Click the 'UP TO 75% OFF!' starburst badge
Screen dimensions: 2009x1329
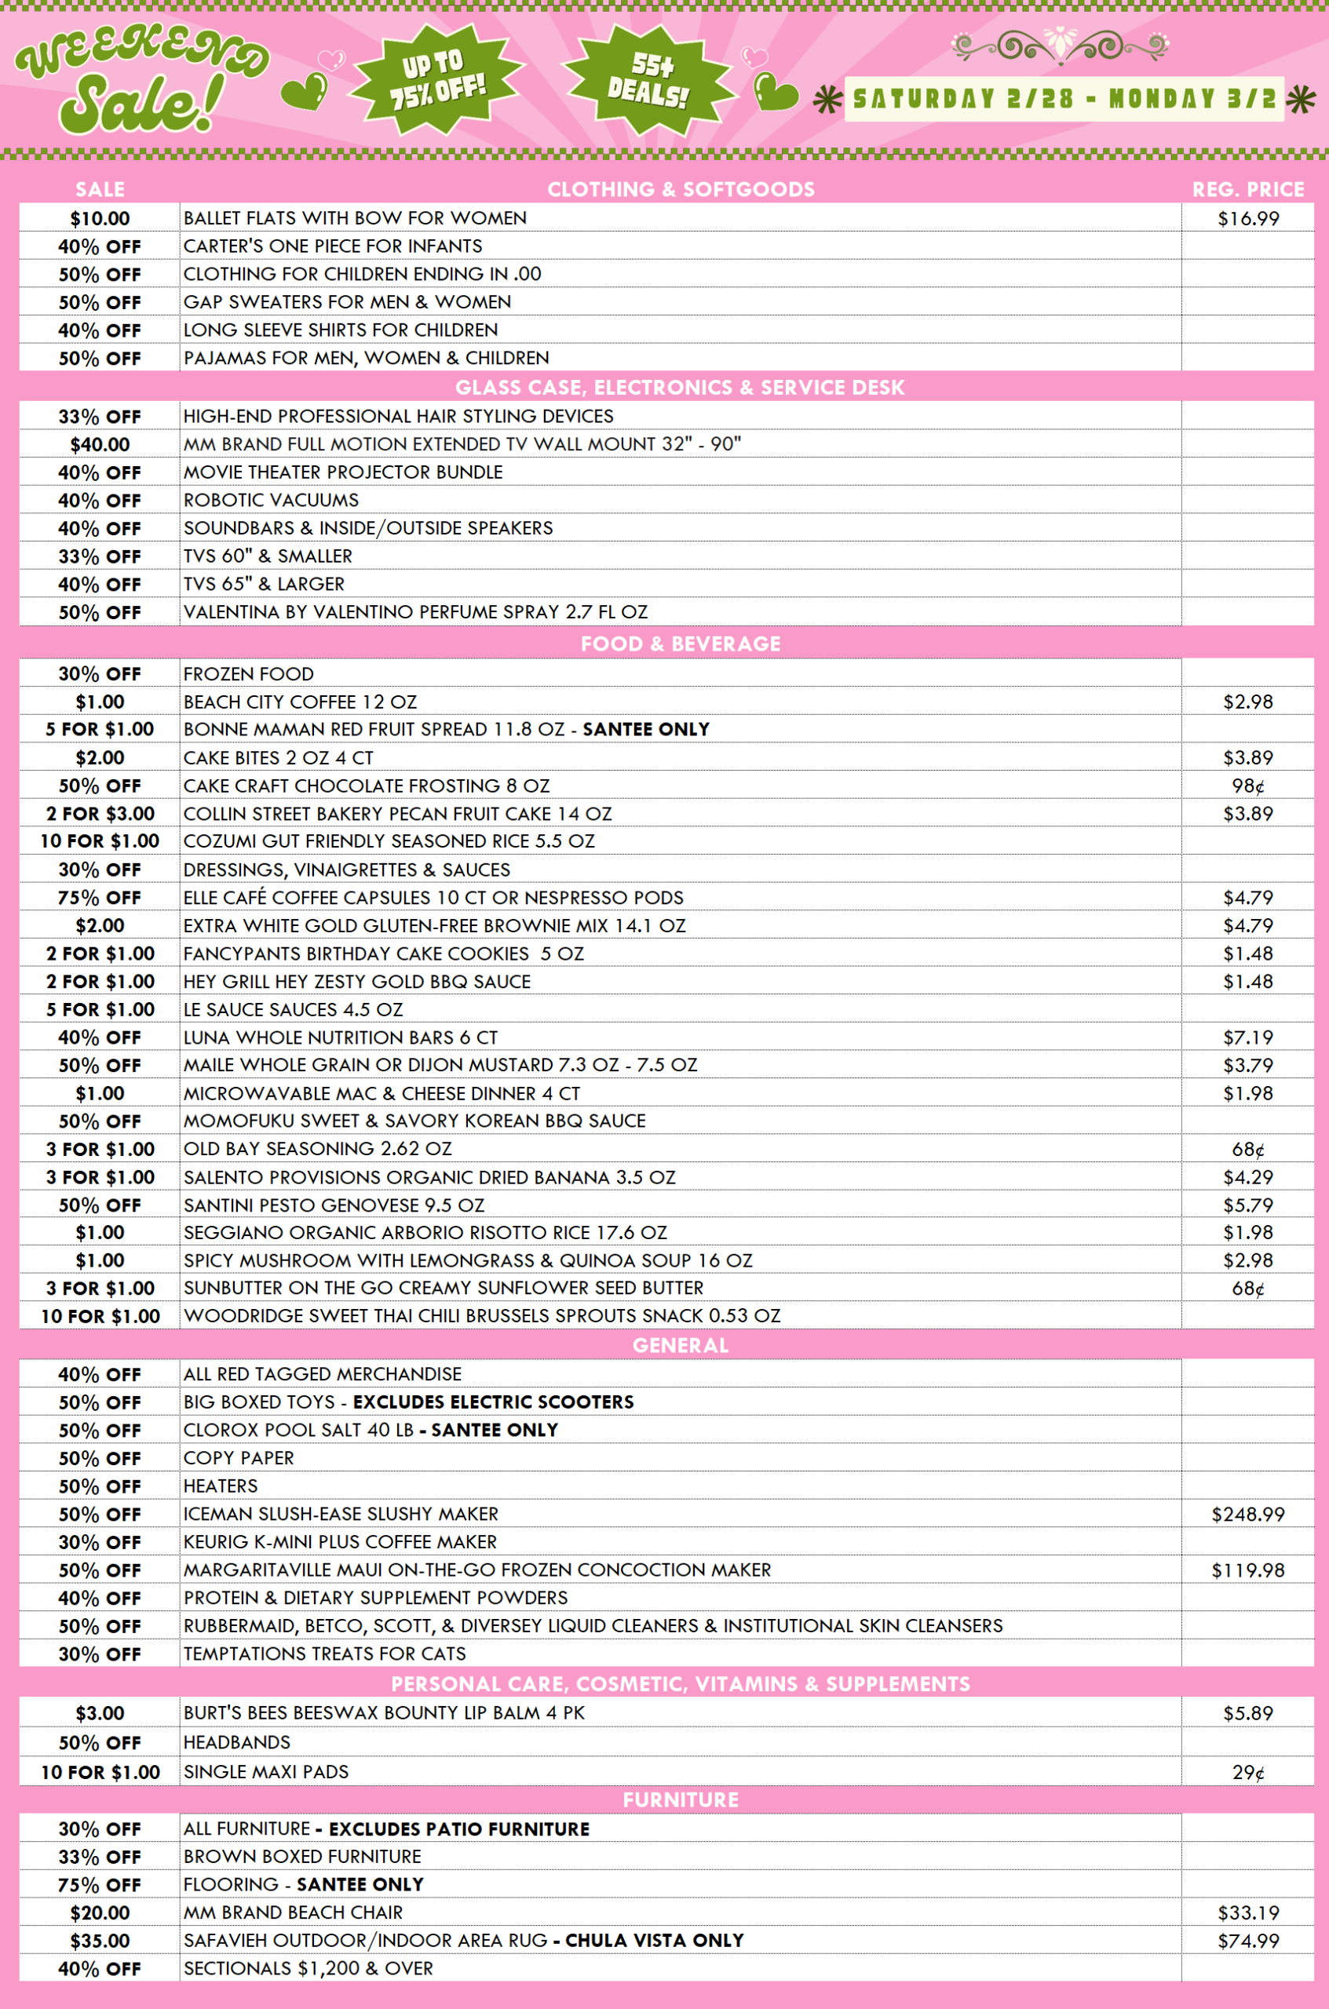coord(437,78)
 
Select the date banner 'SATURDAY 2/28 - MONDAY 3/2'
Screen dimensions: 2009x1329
coord(1064,99)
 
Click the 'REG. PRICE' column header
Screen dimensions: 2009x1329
coord(1247,189)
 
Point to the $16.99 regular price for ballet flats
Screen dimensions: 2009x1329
coord(1247,219)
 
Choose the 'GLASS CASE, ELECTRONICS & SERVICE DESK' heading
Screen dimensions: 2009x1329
coord(680,387)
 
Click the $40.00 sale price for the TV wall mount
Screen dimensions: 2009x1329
coord(100,445)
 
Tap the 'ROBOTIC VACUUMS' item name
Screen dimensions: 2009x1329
coord(272,500)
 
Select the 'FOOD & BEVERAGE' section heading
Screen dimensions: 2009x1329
coord(680,644)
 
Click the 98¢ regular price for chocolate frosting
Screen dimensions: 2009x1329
coord(1247,786)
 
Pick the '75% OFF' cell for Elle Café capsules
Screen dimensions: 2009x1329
coord(100,897)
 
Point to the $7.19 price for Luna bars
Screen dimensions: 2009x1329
coord(1247,1037)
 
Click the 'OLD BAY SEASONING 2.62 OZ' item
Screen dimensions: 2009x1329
coord(318,1149)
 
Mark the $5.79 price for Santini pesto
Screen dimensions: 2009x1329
coord(1247,1205)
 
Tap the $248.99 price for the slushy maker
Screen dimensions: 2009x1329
coord(1247,1514)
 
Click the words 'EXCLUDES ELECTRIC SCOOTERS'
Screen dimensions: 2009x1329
coord(493,1402)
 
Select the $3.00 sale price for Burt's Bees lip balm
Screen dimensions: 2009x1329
coord(100,1713)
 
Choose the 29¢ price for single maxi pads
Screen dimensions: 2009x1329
coord(1247,1773)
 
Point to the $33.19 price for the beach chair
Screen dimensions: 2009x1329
coord(1247,1912)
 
